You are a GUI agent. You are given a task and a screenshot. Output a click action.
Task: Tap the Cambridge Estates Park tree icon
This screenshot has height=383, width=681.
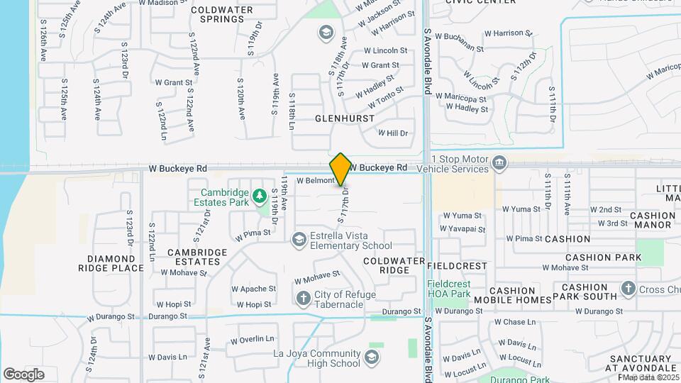coord(260,193)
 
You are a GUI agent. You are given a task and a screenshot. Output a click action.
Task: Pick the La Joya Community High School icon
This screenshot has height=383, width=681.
coord(372,355)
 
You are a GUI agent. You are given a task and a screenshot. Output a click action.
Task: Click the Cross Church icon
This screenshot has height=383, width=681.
coord(628,289)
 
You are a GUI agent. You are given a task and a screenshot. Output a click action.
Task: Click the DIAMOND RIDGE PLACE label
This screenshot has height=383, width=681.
coord(116,263)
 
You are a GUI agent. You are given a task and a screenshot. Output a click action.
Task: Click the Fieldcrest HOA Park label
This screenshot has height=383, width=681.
coord(450,289)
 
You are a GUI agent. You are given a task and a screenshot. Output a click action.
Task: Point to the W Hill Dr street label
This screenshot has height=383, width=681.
coord(394,133)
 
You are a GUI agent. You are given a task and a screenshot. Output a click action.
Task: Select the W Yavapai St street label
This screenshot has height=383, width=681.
coord(463,229)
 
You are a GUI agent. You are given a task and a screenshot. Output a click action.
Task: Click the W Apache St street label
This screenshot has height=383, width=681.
coord(253,289)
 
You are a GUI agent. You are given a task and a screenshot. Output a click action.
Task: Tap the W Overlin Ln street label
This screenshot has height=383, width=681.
coord(252,340)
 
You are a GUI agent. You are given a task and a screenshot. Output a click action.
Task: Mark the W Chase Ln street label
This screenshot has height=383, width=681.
coord(515,322)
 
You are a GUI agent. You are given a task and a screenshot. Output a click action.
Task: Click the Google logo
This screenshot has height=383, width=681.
coord(23,374)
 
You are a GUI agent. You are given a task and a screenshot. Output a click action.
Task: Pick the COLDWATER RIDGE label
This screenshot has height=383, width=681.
coord(394,266)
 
